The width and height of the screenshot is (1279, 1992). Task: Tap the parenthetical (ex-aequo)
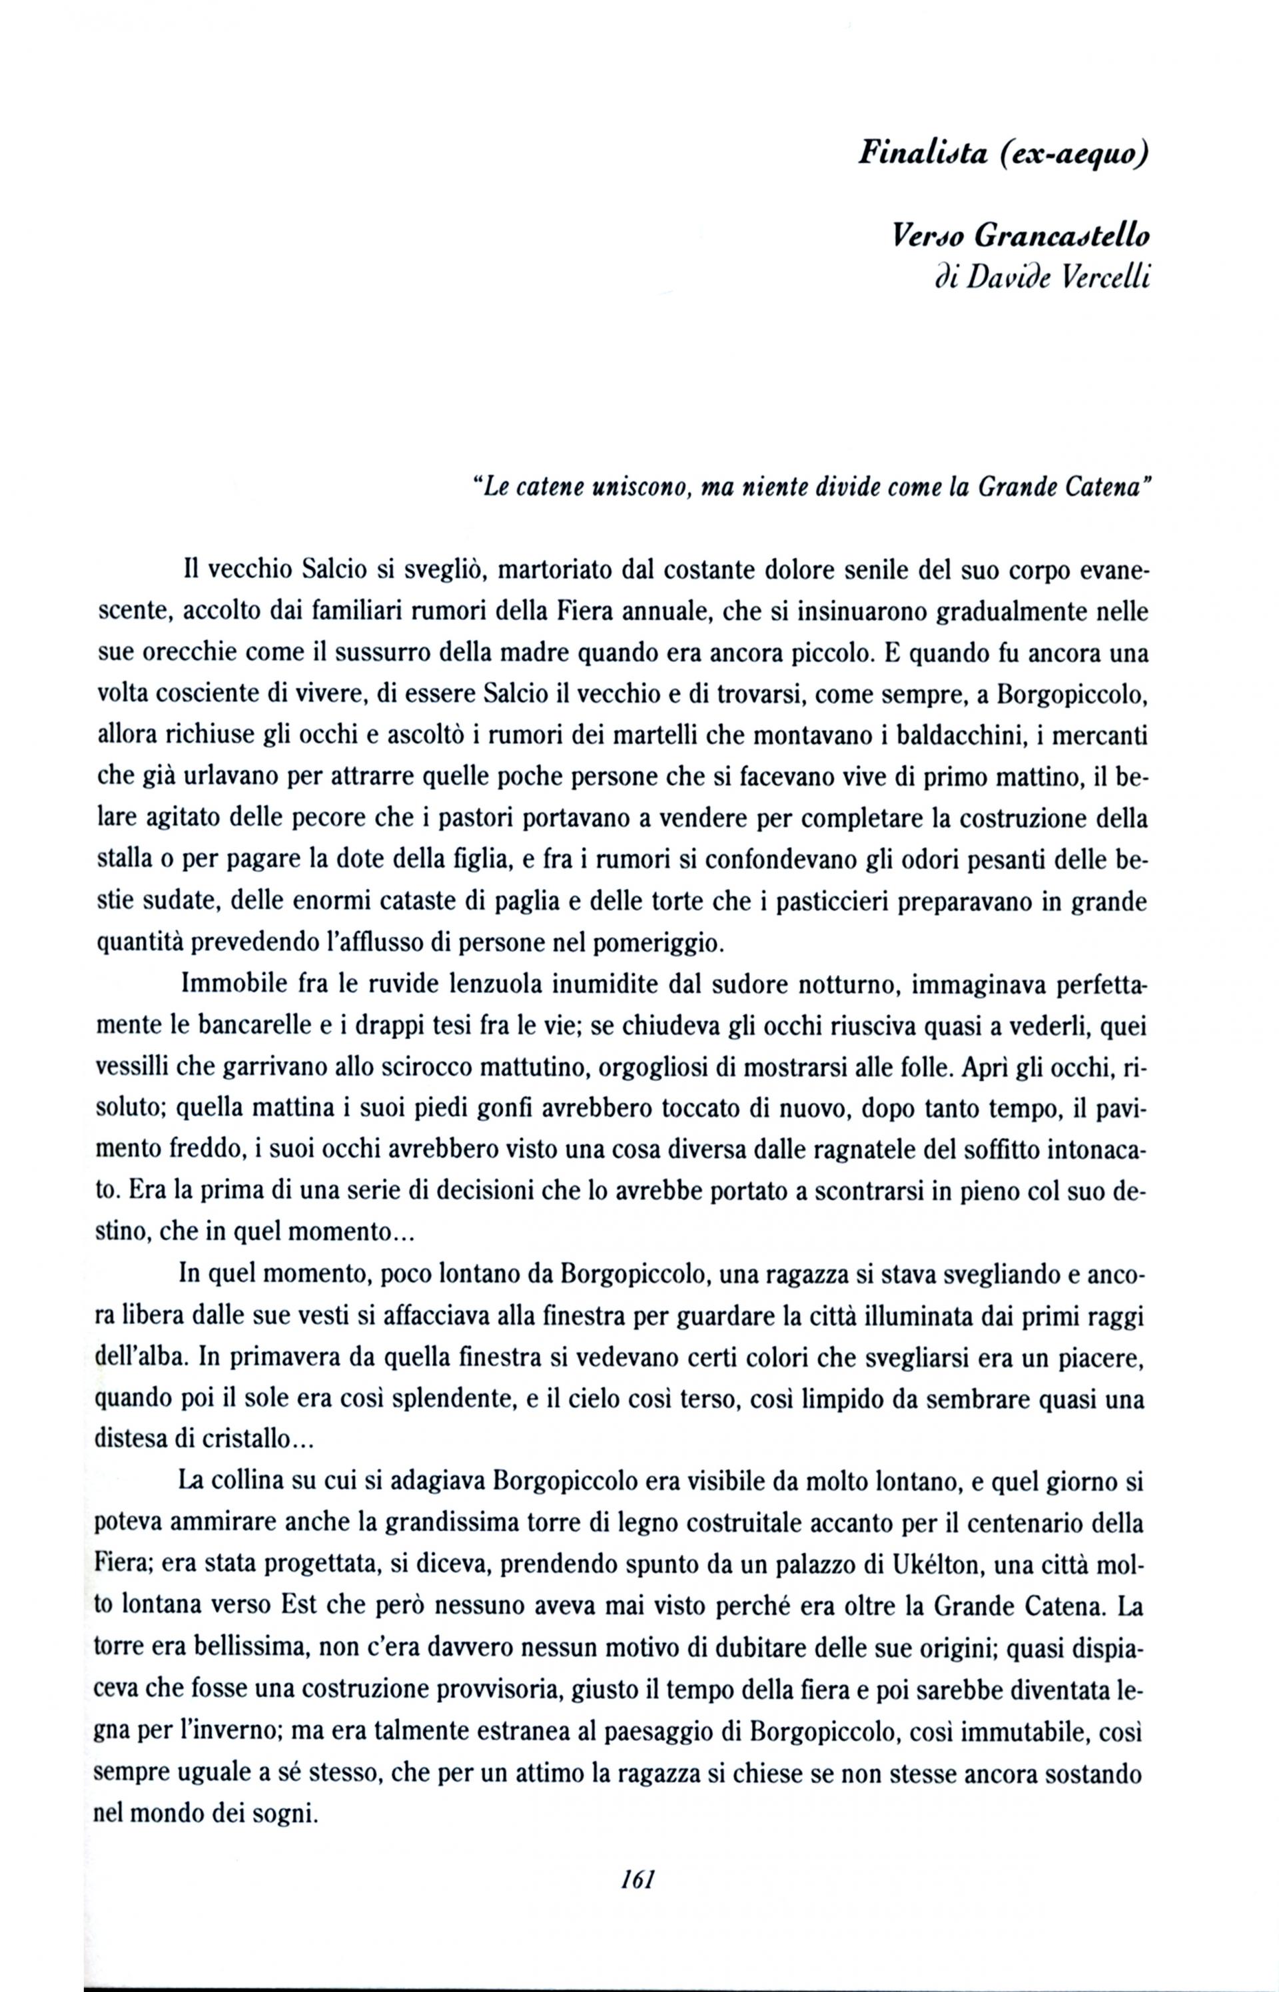[x=1074, y=155]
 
